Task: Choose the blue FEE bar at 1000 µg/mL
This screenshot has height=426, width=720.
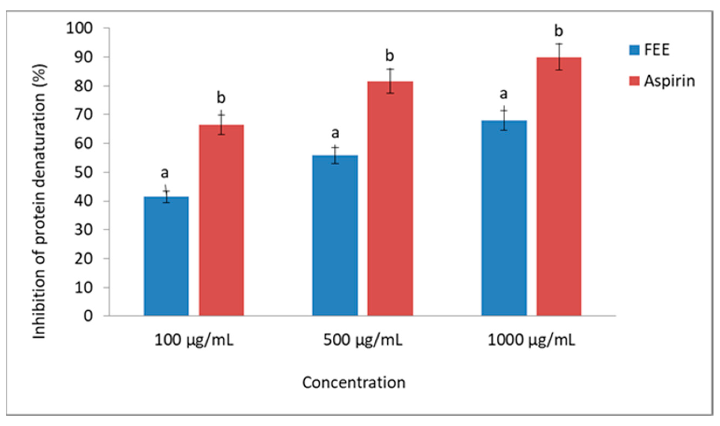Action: (x=504, y=218)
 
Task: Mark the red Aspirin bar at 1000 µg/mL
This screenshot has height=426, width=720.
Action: (x=559, y=186)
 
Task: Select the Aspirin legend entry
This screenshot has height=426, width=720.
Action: (x=662, y=81)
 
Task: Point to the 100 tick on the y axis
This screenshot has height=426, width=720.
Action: (x=80, y=28)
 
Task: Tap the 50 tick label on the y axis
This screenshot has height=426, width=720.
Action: (x=83, y=172)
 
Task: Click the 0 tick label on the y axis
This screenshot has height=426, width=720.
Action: (x=88, y=316)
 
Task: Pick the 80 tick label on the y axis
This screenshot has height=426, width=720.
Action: (x=83, y=86)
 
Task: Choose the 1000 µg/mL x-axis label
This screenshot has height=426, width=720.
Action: (x=531, y=340)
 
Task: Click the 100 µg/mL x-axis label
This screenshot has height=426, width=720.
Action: (x=194, y=340)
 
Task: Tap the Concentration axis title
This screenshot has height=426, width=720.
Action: (x=354, y=383)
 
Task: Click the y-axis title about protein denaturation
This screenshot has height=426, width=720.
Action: (x=39, y=201)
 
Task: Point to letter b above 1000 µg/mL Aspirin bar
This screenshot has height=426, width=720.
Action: (x=558, y=31)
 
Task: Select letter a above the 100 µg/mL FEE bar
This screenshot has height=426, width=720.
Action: (x=164, y=173)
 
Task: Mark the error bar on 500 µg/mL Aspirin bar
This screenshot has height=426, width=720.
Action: (x=390, y=81)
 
